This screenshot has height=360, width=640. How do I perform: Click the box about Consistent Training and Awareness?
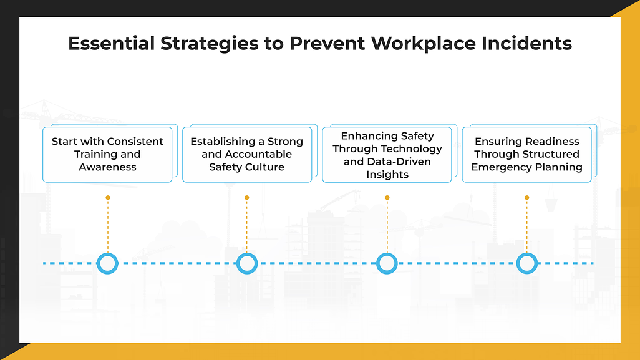tap(107, 155)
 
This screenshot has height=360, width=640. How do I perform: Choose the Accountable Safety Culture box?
tap(247, 155)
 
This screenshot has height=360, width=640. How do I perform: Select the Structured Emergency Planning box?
tap(526, 155)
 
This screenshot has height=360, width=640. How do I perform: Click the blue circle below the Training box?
tap(108, 263)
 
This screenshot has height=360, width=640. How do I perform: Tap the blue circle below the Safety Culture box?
tap(247, 263)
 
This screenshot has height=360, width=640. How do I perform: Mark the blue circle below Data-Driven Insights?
tap(387, 263)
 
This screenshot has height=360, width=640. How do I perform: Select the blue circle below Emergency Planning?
tap(527, 263)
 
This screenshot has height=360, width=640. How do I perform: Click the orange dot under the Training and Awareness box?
tap(108, 198)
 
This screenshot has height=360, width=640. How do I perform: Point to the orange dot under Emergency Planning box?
tap(527, 198)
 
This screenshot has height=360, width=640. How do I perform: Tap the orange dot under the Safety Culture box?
tap(247, 198)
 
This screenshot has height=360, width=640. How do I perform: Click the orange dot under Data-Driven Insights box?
tap(387, 198)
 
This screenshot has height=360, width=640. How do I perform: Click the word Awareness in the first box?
tap(107, 167)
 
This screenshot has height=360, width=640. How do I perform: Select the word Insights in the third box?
tap(387, 175)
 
